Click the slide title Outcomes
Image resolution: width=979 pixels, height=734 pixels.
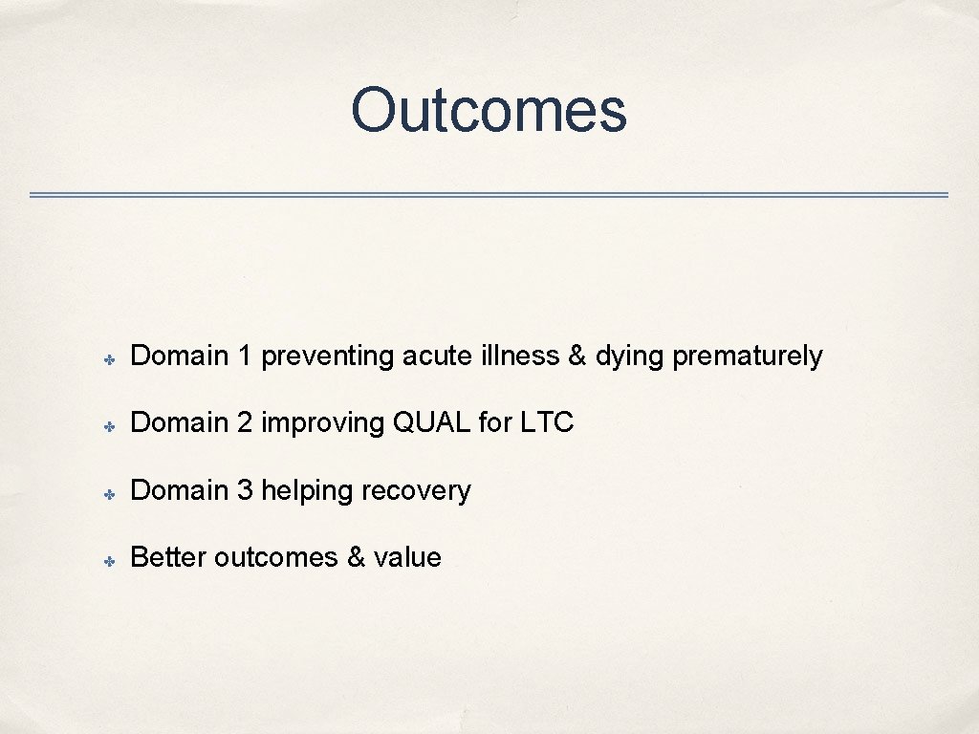(489, 110)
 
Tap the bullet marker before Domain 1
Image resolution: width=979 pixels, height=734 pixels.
(111, 358)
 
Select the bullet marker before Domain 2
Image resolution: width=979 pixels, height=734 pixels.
(111, 425)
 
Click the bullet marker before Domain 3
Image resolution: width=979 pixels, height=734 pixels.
(111, 493)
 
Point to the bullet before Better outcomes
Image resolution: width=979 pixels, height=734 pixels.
(111, 560)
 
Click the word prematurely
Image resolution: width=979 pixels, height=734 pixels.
(747, 356)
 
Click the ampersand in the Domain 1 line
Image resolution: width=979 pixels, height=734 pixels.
(577, 356)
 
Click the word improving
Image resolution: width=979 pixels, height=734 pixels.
(323, 423)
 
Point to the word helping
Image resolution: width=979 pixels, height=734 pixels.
(307, 491)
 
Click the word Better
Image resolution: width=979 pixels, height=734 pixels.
(168, 558)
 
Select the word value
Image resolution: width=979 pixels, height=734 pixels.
(407, 558)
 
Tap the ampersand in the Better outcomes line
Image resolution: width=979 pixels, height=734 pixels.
(356, 558)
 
